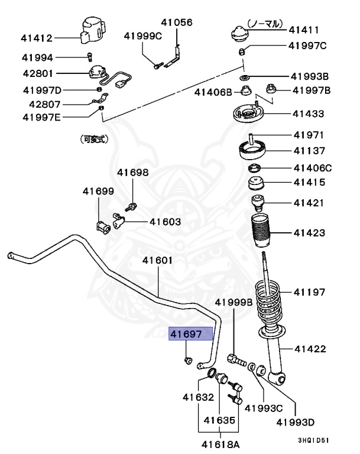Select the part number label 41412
[37, 38]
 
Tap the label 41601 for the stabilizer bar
[157, 260]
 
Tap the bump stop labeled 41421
[258, 203]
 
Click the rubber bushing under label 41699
[102, 225]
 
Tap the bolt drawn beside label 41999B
[236, 358]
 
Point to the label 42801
[37, 74]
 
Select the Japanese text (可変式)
[94, 140]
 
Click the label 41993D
[295, 423]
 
